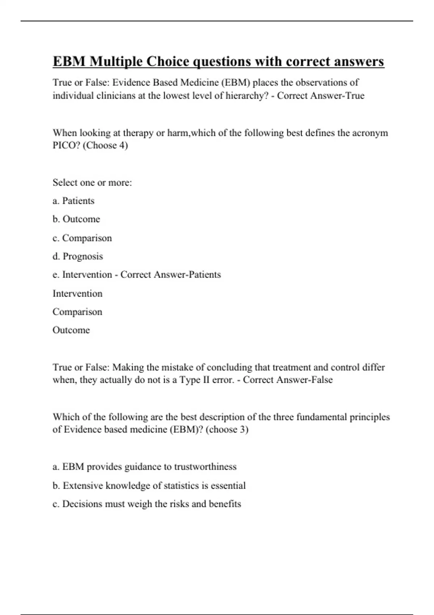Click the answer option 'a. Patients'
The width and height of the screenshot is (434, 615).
(73, 201)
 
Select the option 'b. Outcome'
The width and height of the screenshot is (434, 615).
(76, 219)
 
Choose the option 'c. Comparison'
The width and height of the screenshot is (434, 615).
(82, 238)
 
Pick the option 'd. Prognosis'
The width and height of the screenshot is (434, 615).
(78, 256)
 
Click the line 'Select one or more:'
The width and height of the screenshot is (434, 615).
(92, 183)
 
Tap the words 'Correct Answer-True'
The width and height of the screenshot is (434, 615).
(321, 96)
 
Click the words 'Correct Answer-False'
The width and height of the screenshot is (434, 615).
(288, 380)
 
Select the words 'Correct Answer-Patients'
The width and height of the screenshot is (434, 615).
(171, 275)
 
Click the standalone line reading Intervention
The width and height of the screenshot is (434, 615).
(77, 293)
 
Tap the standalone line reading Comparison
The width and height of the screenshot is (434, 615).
(77, 312)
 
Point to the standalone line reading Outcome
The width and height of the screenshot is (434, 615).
(71, 330)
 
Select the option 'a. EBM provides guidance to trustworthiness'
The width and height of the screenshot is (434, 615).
(144, 467)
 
